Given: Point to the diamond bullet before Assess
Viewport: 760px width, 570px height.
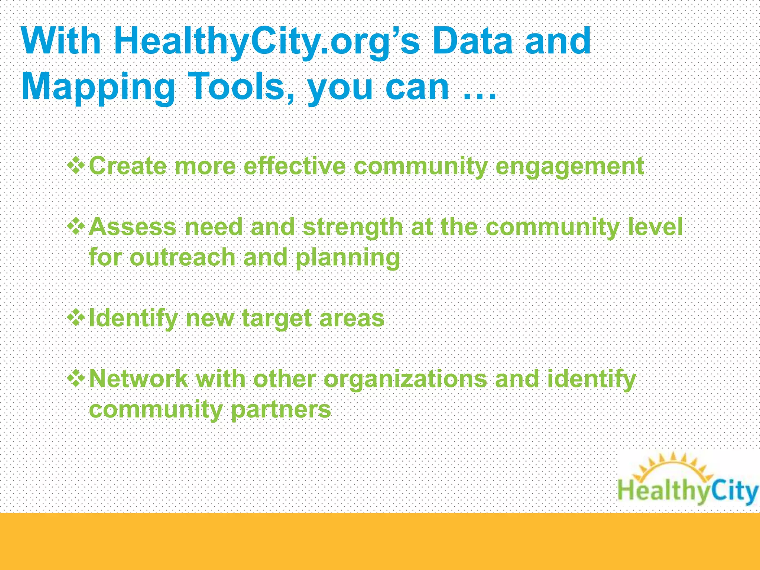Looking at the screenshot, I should coord(76,226).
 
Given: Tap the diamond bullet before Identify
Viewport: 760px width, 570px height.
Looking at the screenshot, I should coord(76,318).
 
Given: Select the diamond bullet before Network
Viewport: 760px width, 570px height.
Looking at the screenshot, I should coord(76,379).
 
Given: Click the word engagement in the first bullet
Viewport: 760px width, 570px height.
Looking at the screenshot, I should coord(570,167).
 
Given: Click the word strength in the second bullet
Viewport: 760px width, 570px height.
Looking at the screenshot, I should coord(353,227).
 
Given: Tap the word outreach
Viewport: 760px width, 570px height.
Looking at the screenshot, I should coord(183,257).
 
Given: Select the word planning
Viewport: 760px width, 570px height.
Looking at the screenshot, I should coord(348,258).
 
